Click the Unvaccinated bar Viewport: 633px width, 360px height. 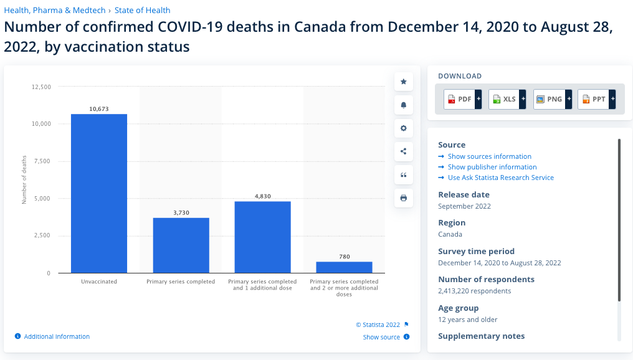click(x=99, y=193)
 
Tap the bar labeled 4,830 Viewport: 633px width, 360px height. click(x=262, y=237)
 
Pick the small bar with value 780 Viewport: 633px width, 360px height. click(x=344, y=267)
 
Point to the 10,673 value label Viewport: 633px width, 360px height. click(x=99, y=109)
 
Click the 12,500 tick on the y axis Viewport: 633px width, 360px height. click(x=41, y=87)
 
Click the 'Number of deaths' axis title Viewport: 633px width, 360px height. click(x=24, y=180)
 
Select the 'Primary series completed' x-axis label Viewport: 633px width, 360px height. click(x=181, y=282)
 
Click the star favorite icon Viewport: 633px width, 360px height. click(x=403, y=82)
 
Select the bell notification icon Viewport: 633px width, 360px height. click(x=403, y=105)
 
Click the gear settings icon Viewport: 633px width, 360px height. click(x=403, y=128)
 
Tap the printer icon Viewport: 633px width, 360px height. click(x=403, y=198)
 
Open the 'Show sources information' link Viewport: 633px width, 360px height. click(x=489, y=156)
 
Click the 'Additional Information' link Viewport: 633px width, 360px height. click(x=57, y=336)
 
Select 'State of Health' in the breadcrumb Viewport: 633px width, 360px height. click(x=142, y=10)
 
